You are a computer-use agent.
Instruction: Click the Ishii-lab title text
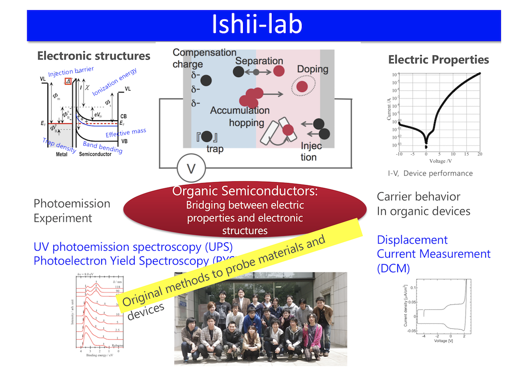pyautogui.click(x=257, y=24)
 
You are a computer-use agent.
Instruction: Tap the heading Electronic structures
pyautogui.click(x=94, y=56)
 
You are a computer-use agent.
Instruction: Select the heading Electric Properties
pyautogui.click(x=438, y=60)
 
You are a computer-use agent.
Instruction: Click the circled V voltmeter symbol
pyautogui.click(x=191, y=169)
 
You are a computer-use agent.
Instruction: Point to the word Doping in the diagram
pyautogui.click(x=312, y=69)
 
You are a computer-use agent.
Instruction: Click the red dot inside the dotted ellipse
pyautogui.click(x=302, y=86)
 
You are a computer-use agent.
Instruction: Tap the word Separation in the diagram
pyautogui.click(x=259, y=61)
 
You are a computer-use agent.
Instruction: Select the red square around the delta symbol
pyautogui.click(x=68, y=81)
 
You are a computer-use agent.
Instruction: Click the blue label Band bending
pyautogui.click(x=102, y=147)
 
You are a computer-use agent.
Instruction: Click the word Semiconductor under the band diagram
pyautogui.click(x=95, y=154)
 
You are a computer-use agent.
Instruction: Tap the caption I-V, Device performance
pyautogui.click(x=430, y=173)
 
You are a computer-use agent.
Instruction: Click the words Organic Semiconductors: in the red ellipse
pyautogui.click(x=245, y=191)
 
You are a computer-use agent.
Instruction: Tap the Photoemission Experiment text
pyautogui.click(x=72, y=211)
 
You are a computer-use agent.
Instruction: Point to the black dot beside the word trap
pyautogui.click(x=206, y=136)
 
